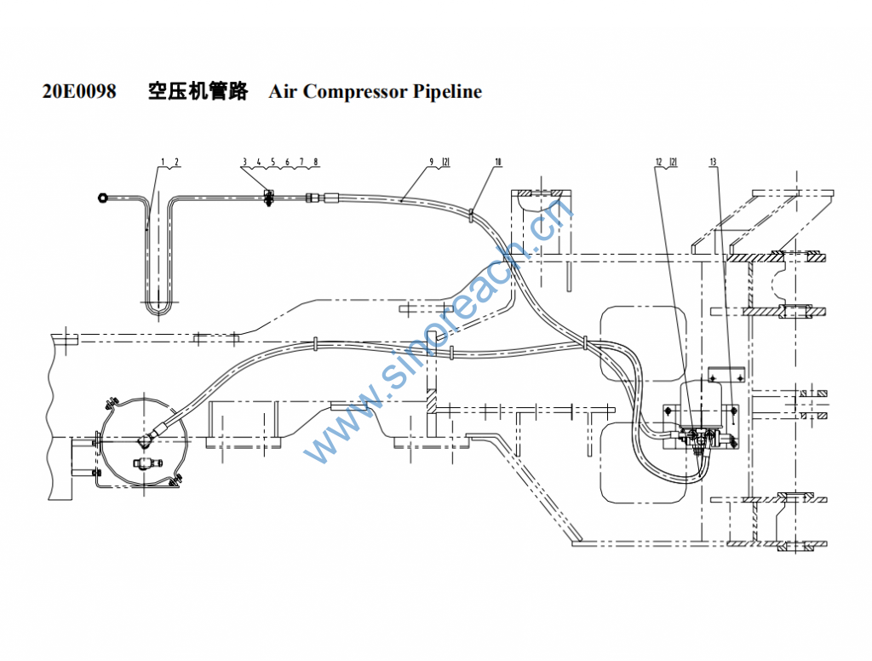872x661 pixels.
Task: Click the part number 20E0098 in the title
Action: tap(79, 92)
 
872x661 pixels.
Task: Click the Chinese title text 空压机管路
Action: tap(197, 92)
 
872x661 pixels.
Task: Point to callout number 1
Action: tap(162, 161)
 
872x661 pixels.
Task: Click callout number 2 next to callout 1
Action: tap(175, 161)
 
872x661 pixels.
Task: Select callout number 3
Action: tap(244, 161)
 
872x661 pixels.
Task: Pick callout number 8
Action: tap(316, 161)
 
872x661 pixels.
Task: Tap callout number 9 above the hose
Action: tap(432, 161)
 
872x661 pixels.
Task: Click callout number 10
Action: tap(497, 161)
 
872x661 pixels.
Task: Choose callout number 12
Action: tap(658, 161)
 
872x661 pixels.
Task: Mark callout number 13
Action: tap(712, 161)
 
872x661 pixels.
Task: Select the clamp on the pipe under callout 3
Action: tap(269, 199)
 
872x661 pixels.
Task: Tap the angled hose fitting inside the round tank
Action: tap(146, 440)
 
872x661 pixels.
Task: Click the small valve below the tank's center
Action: tap(144, 463)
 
